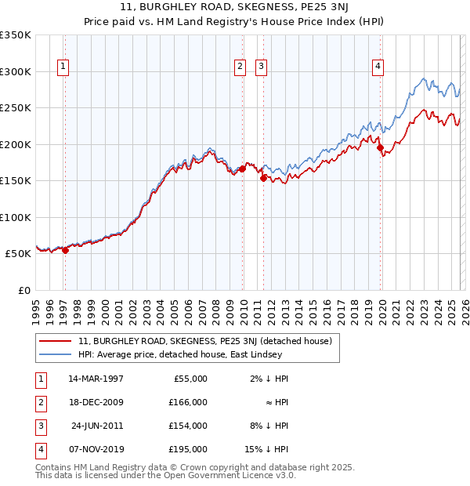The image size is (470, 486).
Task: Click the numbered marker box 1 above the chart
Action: coord(62,67)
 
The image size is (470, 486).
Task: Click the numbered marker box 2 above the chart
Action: coord(240,67)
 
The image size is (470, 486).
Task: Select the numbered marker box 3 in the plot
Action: coord(261,67)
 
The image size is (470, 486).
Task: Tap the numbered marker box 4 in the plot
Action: coord(378,67)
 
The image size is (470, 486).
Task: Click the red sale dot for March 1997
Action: coord(66,251)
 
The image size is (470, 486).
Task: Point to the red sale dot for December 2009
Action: coord(243,169)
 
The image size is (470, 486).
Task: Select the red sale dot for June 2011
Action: coord(263,178)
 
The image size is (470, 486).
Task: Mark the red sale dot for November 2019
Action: coord(380,147)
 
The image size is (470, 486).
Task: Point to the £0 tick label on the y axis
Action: coord(23,291)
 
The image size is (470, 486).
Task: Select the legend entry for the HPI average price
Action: coord(185,354)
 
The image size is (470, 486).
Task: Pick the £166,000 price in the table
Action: coord(188,402)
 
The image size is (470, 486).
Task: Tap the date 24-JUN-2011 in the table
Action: coord(97,426)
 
